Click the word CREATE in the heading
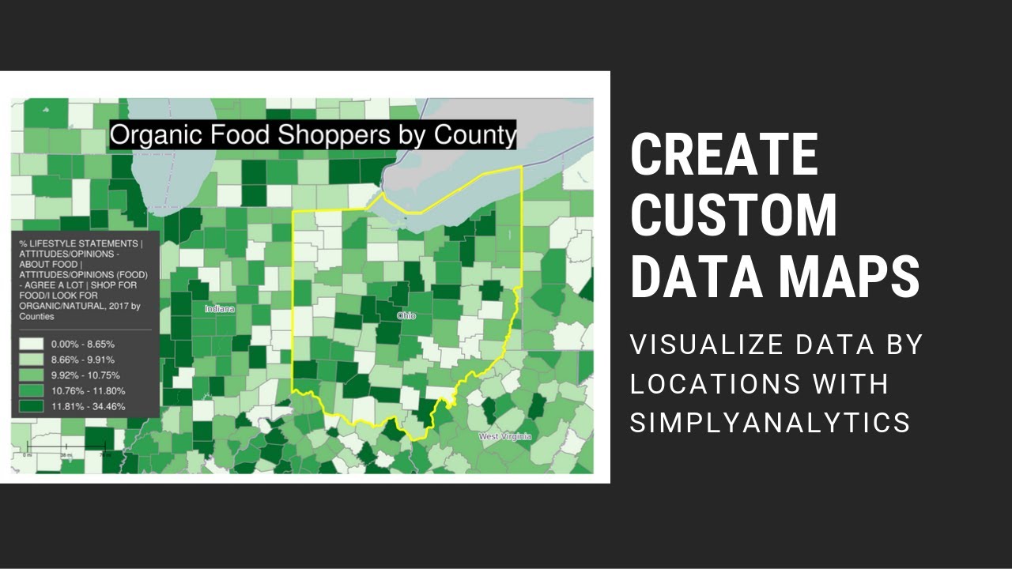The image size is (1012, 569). click(723, 155)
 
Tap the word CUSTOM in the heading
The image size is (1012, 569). click(733, 215)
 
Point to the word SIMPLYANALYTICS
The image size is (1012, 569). click(769, 422)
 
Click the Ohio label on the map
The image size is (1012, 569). click(406, 315)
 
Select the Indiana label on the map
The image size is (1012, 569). click(219, 308)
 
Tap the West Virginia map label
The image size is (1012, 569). click(505, 436)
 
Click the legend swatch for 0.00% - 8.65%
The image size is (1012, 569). click(32, 345)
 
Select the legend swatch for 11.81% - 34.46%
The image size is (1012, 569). click(32, 406)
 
